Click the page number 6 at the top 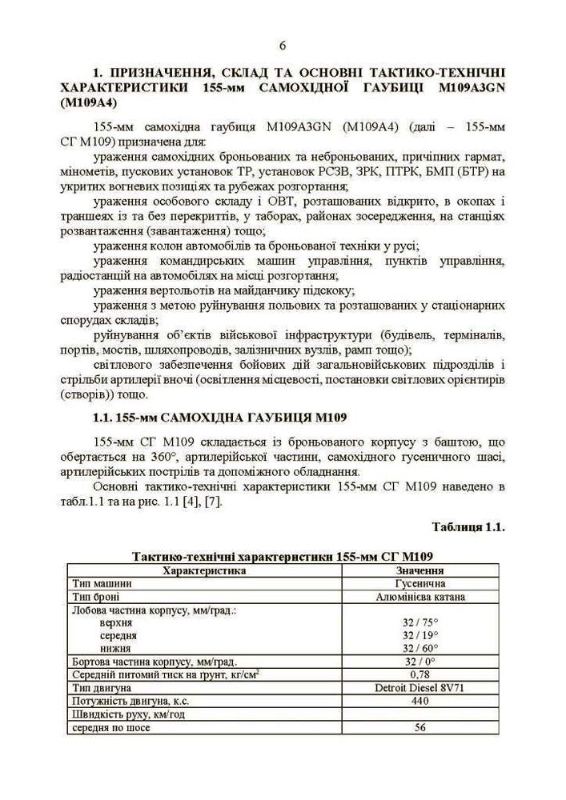(x=283, y=45)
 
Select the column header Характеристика (x=204, y=570)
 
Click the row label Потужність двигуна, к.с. (x=127, y=701)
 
